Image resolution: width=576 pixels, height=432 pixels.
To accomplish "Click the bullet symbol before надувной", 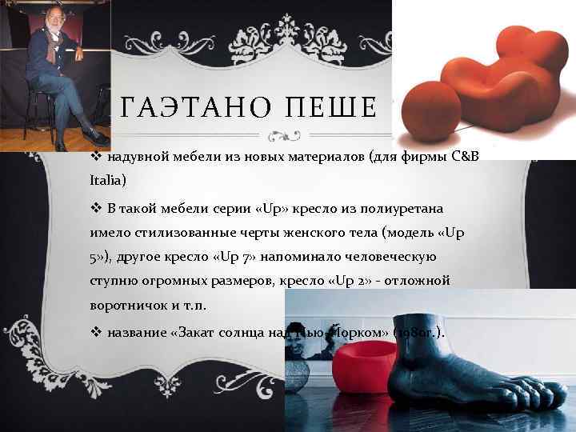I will [x=95, y=157].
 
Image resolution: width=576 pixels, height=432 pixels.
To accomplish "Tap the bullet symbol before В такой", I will [x=95, y=209].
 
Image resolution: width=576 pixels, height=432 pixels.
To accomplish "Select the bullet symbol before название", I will [x=95, y=333].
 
